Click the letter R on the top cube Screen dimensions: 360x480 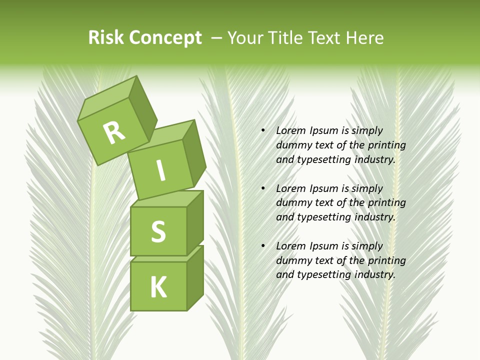click(x=114, y=132)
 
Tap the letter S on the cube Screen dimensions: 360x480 click(x=158, y=231)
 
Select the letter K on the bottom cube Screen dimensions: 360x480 click(x=158, y=287)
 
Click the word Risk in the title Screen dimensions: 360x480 click(x=106, y=37)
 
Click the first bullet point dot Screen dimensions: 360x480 click(x=263, y=130)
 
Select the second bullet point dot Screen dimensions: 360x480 click(x=263, y=188)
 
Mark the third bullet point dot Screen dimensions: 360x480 click(x=263, y=246)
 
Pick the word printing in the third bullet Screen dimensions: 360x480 click(x=386, y=260)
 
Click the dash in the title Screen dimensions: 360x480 click(x=217, y=38)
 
